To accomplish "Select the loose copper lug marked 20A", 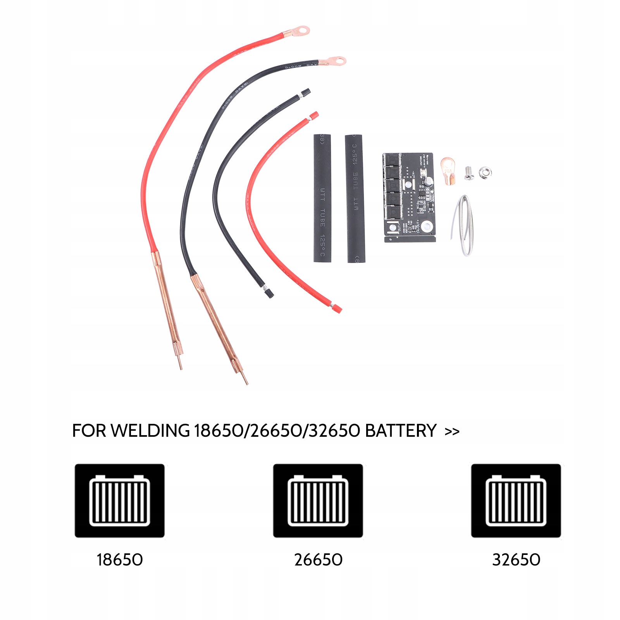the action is click(448, 171).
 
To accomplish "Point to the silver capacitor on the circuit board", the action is click(428, 181).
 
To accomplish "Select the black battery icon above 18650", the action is click(119, 500).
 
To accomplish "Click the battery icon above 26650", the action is click(318, 500).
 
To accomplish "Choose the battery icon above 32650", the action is click(516, 500).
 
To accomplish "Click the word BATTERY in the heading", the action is click(401, 431).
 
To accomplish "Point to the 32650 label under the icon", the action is click(516, 560).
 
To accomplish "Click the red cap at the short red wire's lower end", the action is click(336, 309).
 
